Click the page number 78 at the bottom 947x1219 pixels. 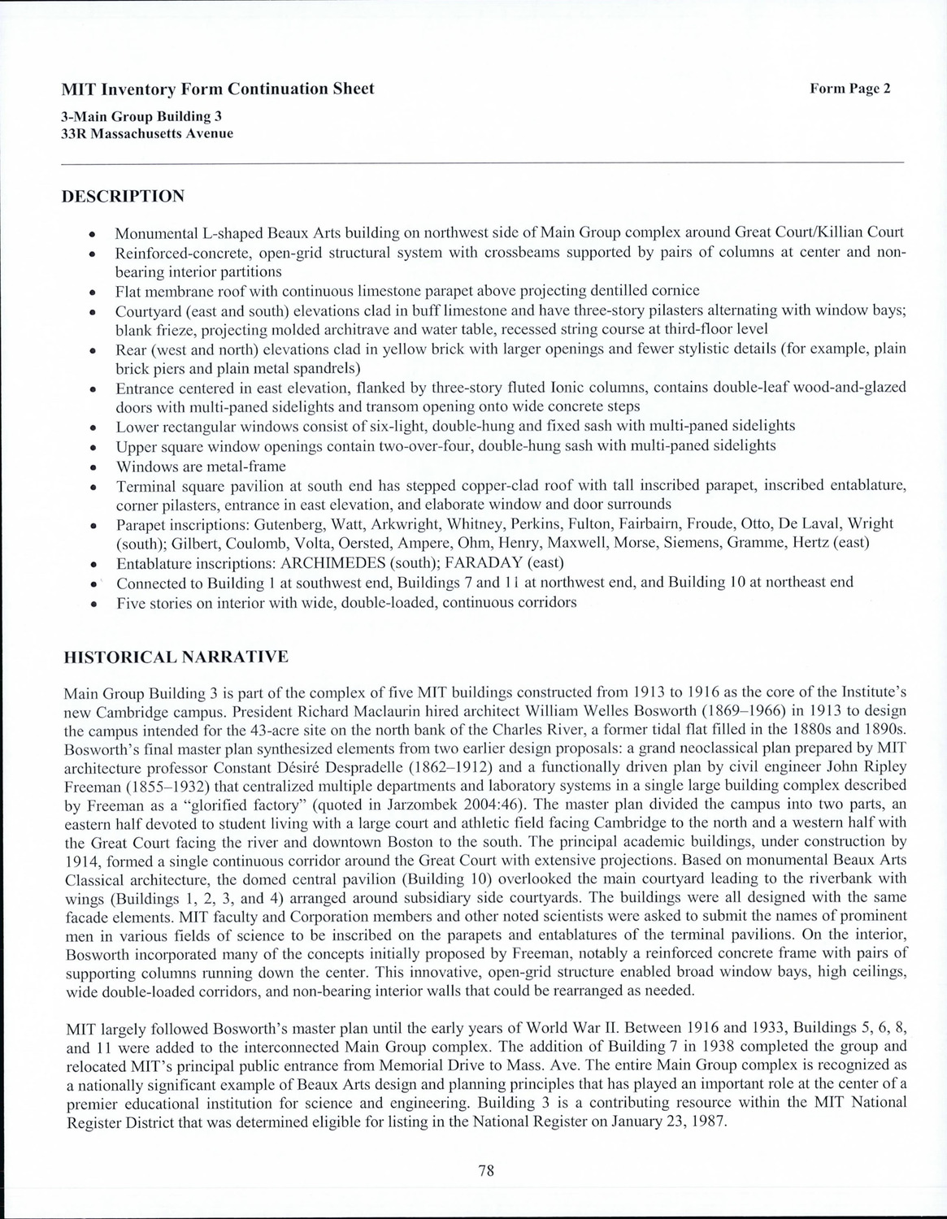click(x=486, y=1171)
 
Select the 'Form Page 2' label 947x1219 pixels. click(x=850, y=89)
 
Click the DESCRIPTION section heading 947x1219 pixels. click(x=124, y=196)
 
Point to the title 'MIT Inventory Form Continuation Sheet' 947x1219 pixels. click(x=218, y=89)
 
